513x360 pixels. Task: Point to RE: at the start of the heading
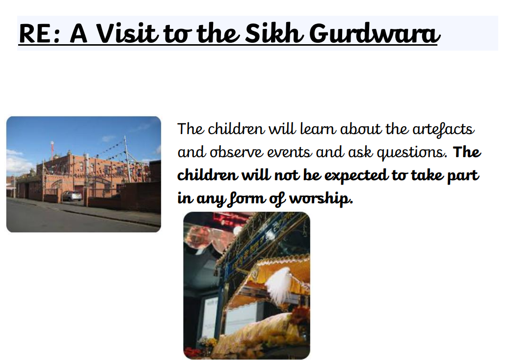pos(40,34)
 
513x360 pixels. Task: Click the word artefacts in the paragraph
pos(443,129)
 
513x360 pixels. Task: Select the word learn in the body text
pos(318,129)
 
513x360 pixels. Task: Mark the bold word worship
pos(321,198)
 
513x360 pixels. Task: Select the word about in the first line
pos(360,129)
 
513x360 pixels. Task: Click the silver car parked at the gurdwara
pos(72,195)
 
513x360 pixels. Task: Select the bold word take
pos(427,175)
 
